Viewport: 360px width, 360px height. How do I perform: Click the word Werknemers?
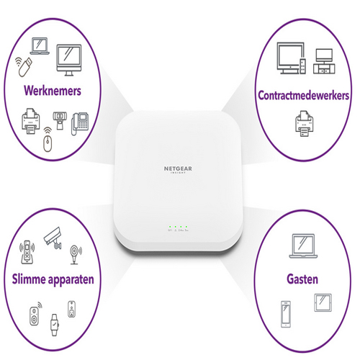(x=53, y=91)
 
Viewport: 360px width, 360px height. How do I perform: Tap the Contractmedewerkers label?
(x=303, y=96)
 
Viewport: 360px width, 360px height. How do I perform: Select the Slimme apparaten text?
(x=53, y=279)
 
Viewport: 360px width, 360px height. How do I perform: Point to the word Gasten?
(x=302, y=279)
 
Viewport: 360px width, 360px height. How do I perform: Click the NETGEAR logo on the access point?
(x=178, y=169)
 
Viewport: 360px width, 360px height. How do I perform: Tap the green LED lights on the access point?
(x=178, y=227)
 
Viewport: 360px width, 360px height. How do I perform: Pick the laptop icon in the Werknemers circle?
(x=40, y=46)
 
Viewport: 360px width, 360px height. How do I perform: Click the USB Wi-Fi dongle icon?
(x=24, y=66)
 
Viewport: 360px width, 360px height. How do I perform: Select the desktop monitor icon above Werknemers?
(x=69, y=60)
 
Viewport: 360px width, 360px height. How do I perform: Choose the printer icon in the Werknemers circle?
(x=30, y=121)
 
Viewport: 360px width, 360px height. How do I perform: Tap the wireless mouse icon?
(x=48, y=140)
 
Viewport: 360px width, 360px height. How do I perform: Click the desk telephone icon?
(x=80, y=124)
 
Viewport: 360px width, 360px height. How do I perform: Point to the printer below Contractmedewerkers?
(x=304, y=124)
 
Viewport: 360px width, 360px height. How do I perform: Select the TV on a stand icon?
(x=324, y=61)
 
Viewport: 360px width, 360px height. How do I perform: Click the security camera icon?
(x=53, y=238)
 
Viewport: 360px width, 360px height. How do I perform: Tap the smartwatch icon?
(x=55, y=325)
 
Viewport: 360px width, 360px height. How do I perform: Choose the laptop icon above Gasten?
(x=303, y=246)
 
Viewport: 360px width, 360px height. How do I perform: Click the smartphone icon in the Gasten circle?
(x=286, y=314)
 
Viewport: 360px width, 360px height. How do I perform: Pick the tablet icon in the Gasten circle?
(x=323, y=302)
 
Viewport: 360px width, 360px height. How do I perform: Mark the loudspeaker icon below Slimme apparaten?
(x=35, y=314)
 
